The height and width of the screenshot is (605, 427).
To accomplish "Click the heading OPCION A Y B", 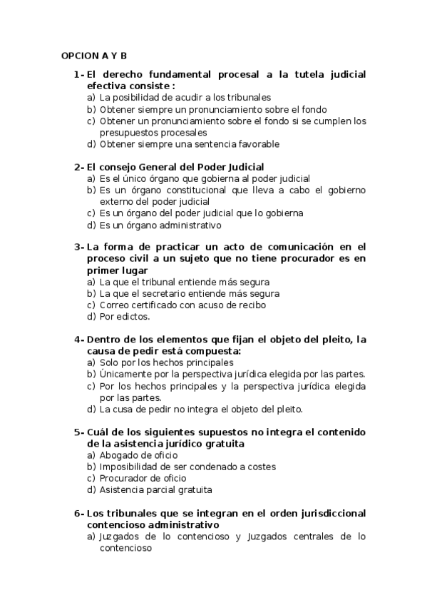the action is coord(93,55).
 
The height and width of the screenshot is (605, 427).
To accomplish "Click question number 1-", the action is coord(78,74).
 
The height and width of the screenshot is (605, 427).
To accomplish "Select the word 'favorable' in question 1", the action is coord(258,143).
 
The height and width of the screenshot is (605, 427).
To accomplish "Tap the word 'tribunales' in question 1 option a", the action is coord(247,97).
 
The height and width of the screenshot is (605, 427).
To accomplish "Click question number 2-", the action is coord(78,166).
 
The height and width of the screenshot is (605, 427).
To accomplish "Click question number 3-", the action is coord(78,247).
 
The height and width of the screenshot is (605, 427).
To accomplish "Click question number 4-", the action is coord(78,340).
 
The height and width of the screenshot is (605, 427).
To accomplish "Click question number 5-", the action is coord(78,432).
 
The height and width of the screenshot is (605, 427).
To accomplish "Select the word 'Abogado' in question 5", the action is coord(119,455).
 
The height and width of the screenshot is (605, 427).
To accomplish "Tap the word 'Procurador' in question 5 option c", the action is coord(125,478).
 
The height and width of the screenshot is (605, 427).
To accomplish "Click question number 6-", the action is coord(78,513).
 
